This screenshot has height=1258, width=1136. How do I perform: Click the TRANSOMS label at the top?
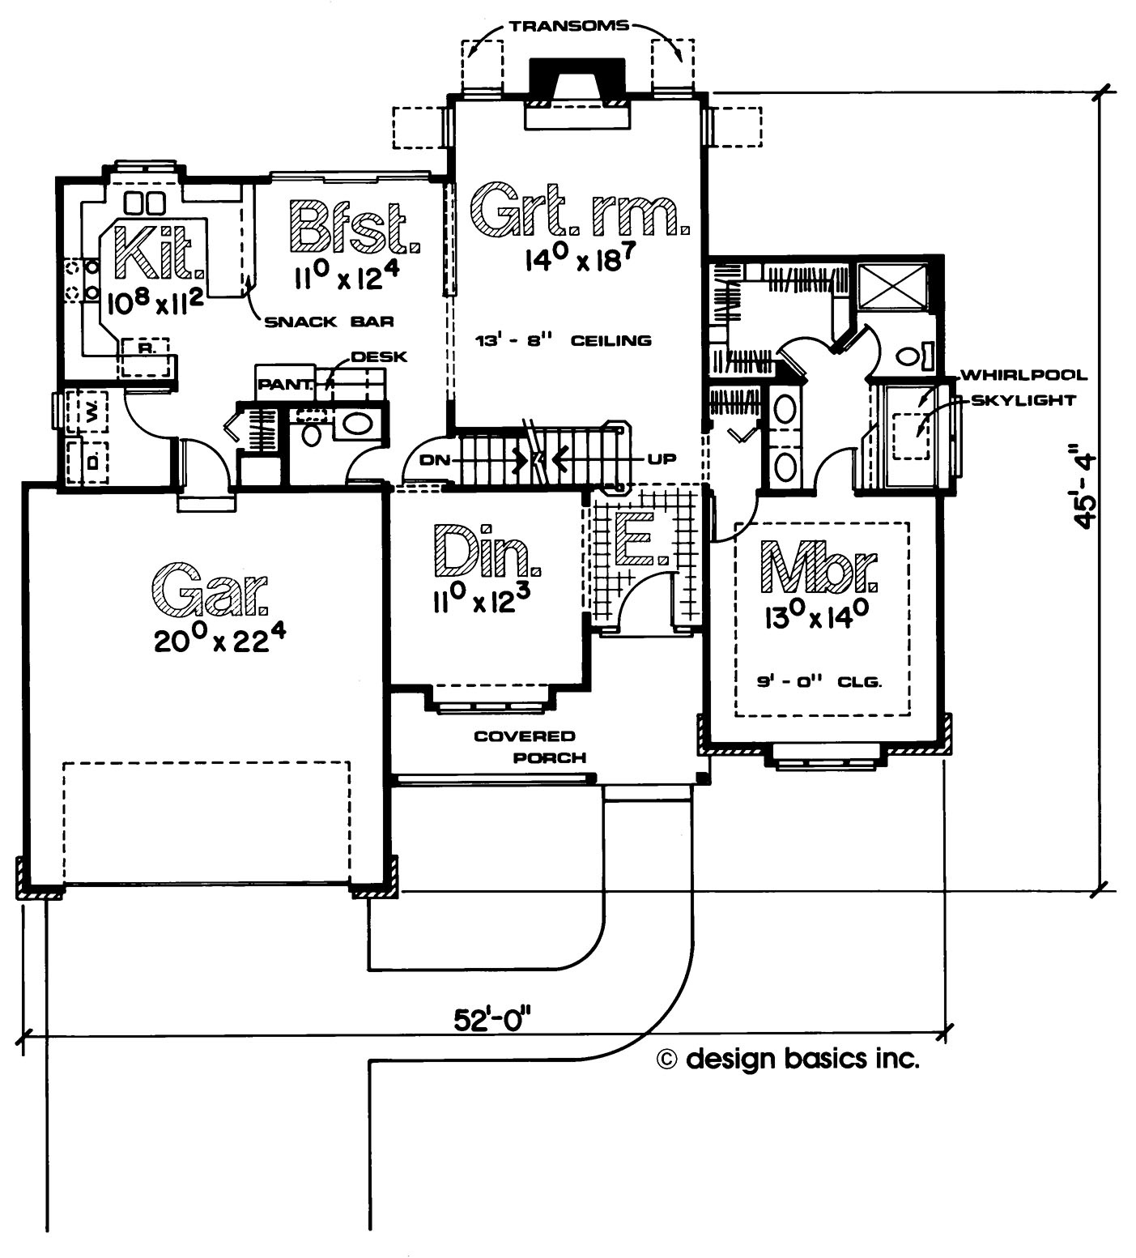tap(568, 26)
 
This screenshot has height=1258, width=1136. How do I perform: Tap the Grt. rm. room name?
tap(579, 210)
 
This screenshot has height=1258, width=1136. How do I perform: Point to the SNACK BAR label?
tap(330, 322)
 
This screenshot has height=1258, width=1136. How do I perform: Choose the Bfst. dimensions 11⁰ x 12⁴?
tap(345, 279)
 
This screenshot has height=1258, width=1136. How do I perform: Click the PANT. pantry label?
tap(284, 386)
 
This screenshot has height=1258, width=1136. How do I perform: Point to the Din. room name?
tap(487, 550)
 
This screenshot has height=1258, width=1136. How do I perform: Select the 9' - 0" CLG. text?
tap(819, 682)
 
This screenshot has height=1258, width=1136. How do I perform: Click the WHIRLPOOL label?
tap(1023, 375)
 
